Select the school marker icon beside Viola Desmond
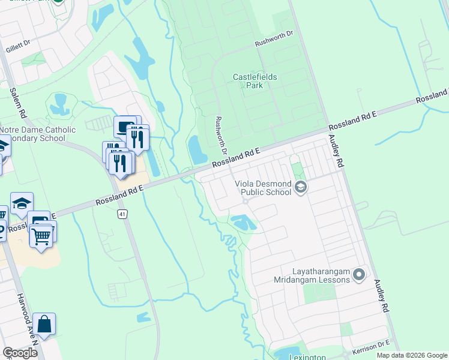coord(301,188)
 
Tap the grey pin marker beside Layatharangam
coord(360,275)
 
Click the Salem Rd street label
coord(17,103)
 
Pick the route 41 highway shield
coord(122,214)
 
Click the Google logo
coord(20,353)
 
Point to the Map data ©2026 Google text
coord(412,355)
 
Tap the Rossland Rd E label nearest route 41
coord(119,196)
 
